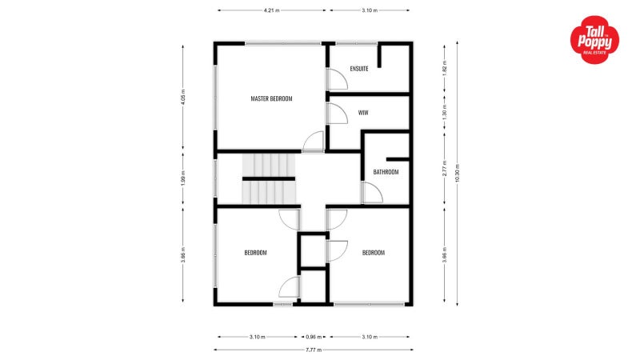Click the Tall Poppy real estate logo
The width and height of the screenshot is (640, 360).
point(594,41)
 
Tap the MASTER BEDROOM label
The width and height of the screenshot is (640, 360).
point(271,98)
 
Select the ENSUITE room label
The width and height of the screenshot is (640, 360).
point(359,69)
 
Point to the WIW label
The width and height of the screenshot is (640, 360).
point(363,113)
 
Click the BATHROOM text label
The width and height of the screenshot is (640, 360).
point(386,172)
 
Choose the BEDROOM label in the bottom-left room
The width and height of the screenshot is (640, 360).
point(255,253)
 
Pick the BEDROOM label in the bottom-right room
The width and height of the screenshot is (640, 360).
point(374,253)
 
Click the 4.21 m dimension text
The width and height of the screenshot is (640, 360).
point(272,11)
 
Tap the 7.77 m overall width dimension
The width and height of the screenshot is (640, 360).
point(313,350)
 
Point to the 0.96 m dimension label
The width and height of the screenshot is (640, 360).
point(313,337)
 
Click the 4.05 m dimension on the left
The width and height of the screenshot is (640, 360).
point(183,97)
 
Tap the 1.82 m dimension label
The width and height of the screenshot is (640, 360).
point(444,70)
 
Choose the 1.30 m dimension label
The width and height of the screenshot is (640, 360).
point(444,114)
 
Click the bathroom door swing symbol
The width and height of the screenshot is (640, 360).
point(371,193)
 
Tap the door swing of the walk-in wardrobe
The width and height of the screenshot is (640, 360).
point(336,114)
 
